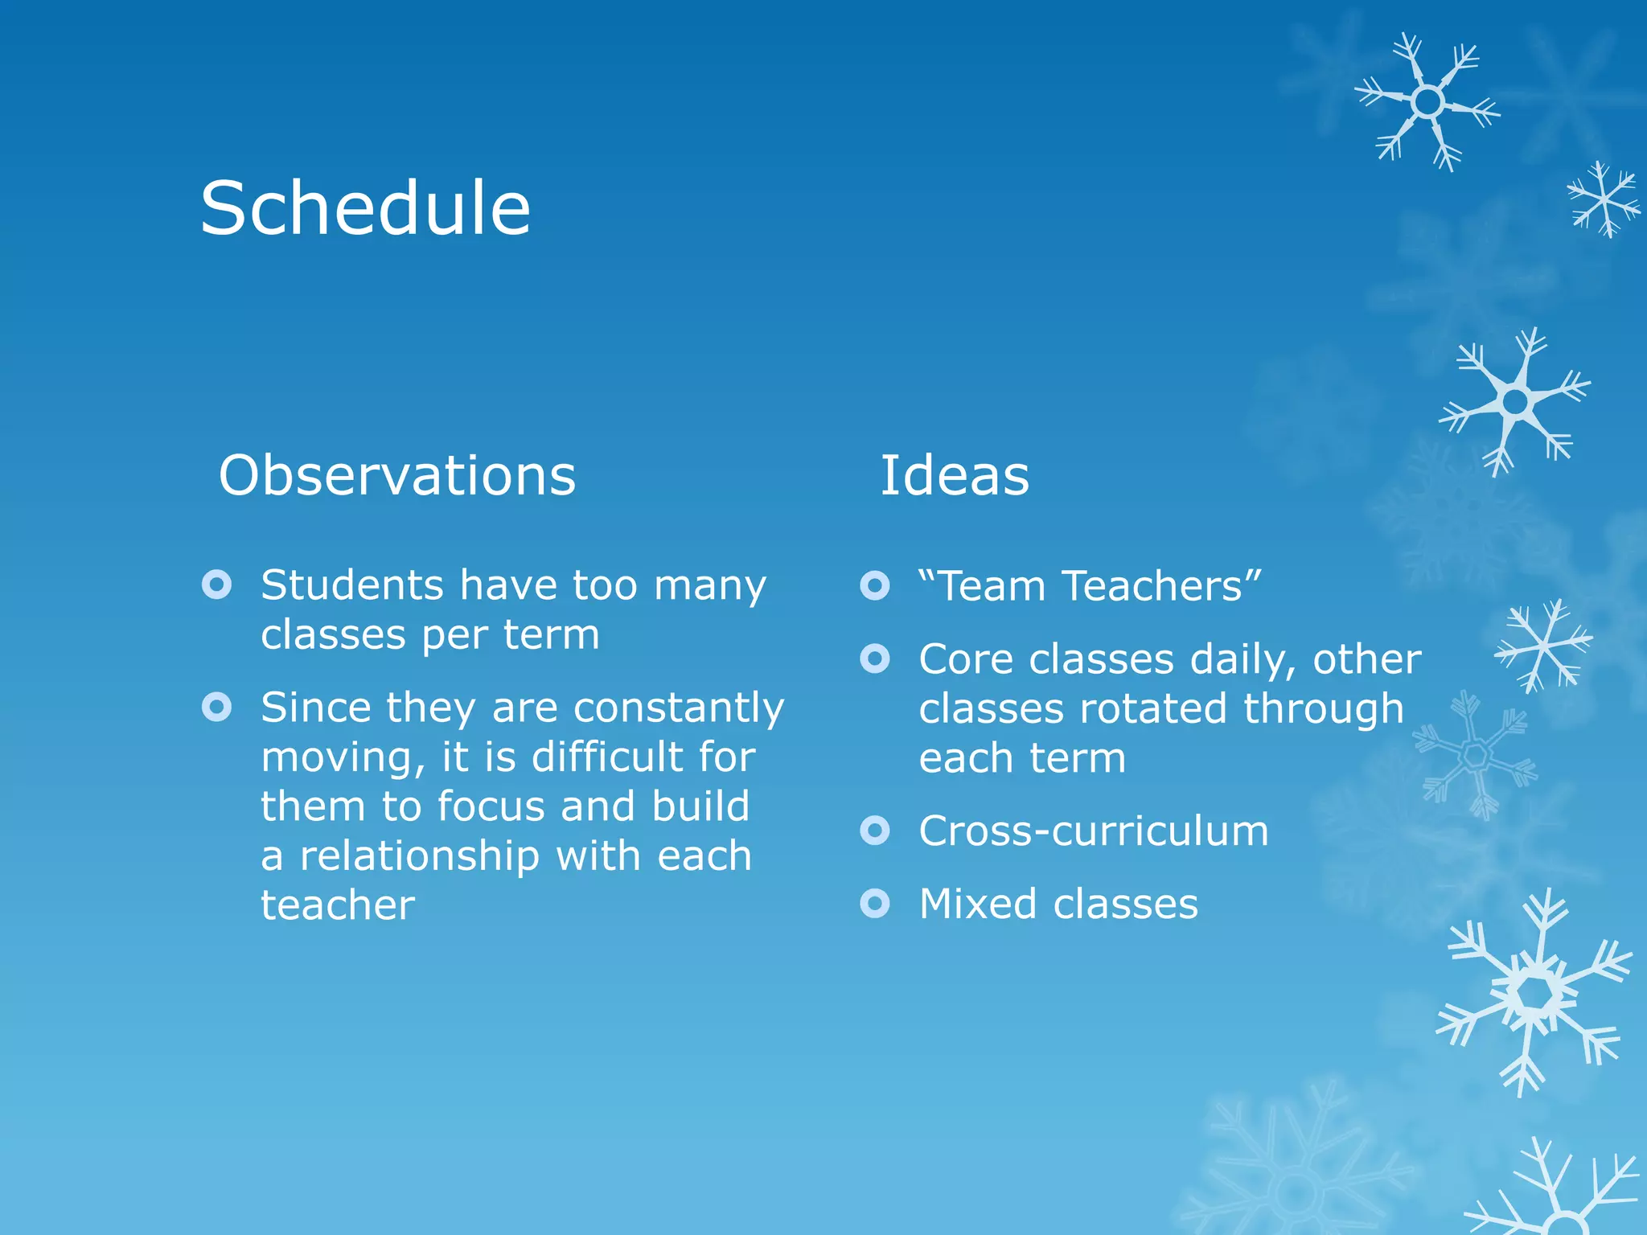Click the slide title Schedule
pyautogui.click(x=365, y=208)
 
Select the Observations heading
pyautogui.click(x=397, y=475)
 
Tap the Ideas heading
pyautogui.click(x=954, y=475)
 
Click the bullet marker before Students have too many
pyautogui.click(x=217, y=585)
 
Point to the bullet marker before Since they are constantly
pyautogui.click(x=217, y=708)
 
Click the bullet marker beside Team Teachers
pyautogui.click(x=875, y=585)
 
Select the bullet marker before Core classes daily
pyautogui.click(x=875, y=659)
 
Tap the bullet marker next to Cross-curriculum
pyautogui.click(x=875, y=831)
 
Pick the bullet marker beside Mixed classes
pyautogui.click(x=875, y=904)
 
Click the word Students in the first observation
pyautogui.click(x=352, y=585)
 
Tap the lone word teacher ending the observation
pyautogui.click(x=338, y=905)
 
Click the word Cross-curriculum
pyautogui.click(x=1094, y=831)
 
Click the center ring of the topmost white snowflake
pyautogui.click(x=1428, y=102)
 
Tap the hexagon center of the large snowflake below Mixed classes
pyautogui.click(x=1535, y=995)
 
